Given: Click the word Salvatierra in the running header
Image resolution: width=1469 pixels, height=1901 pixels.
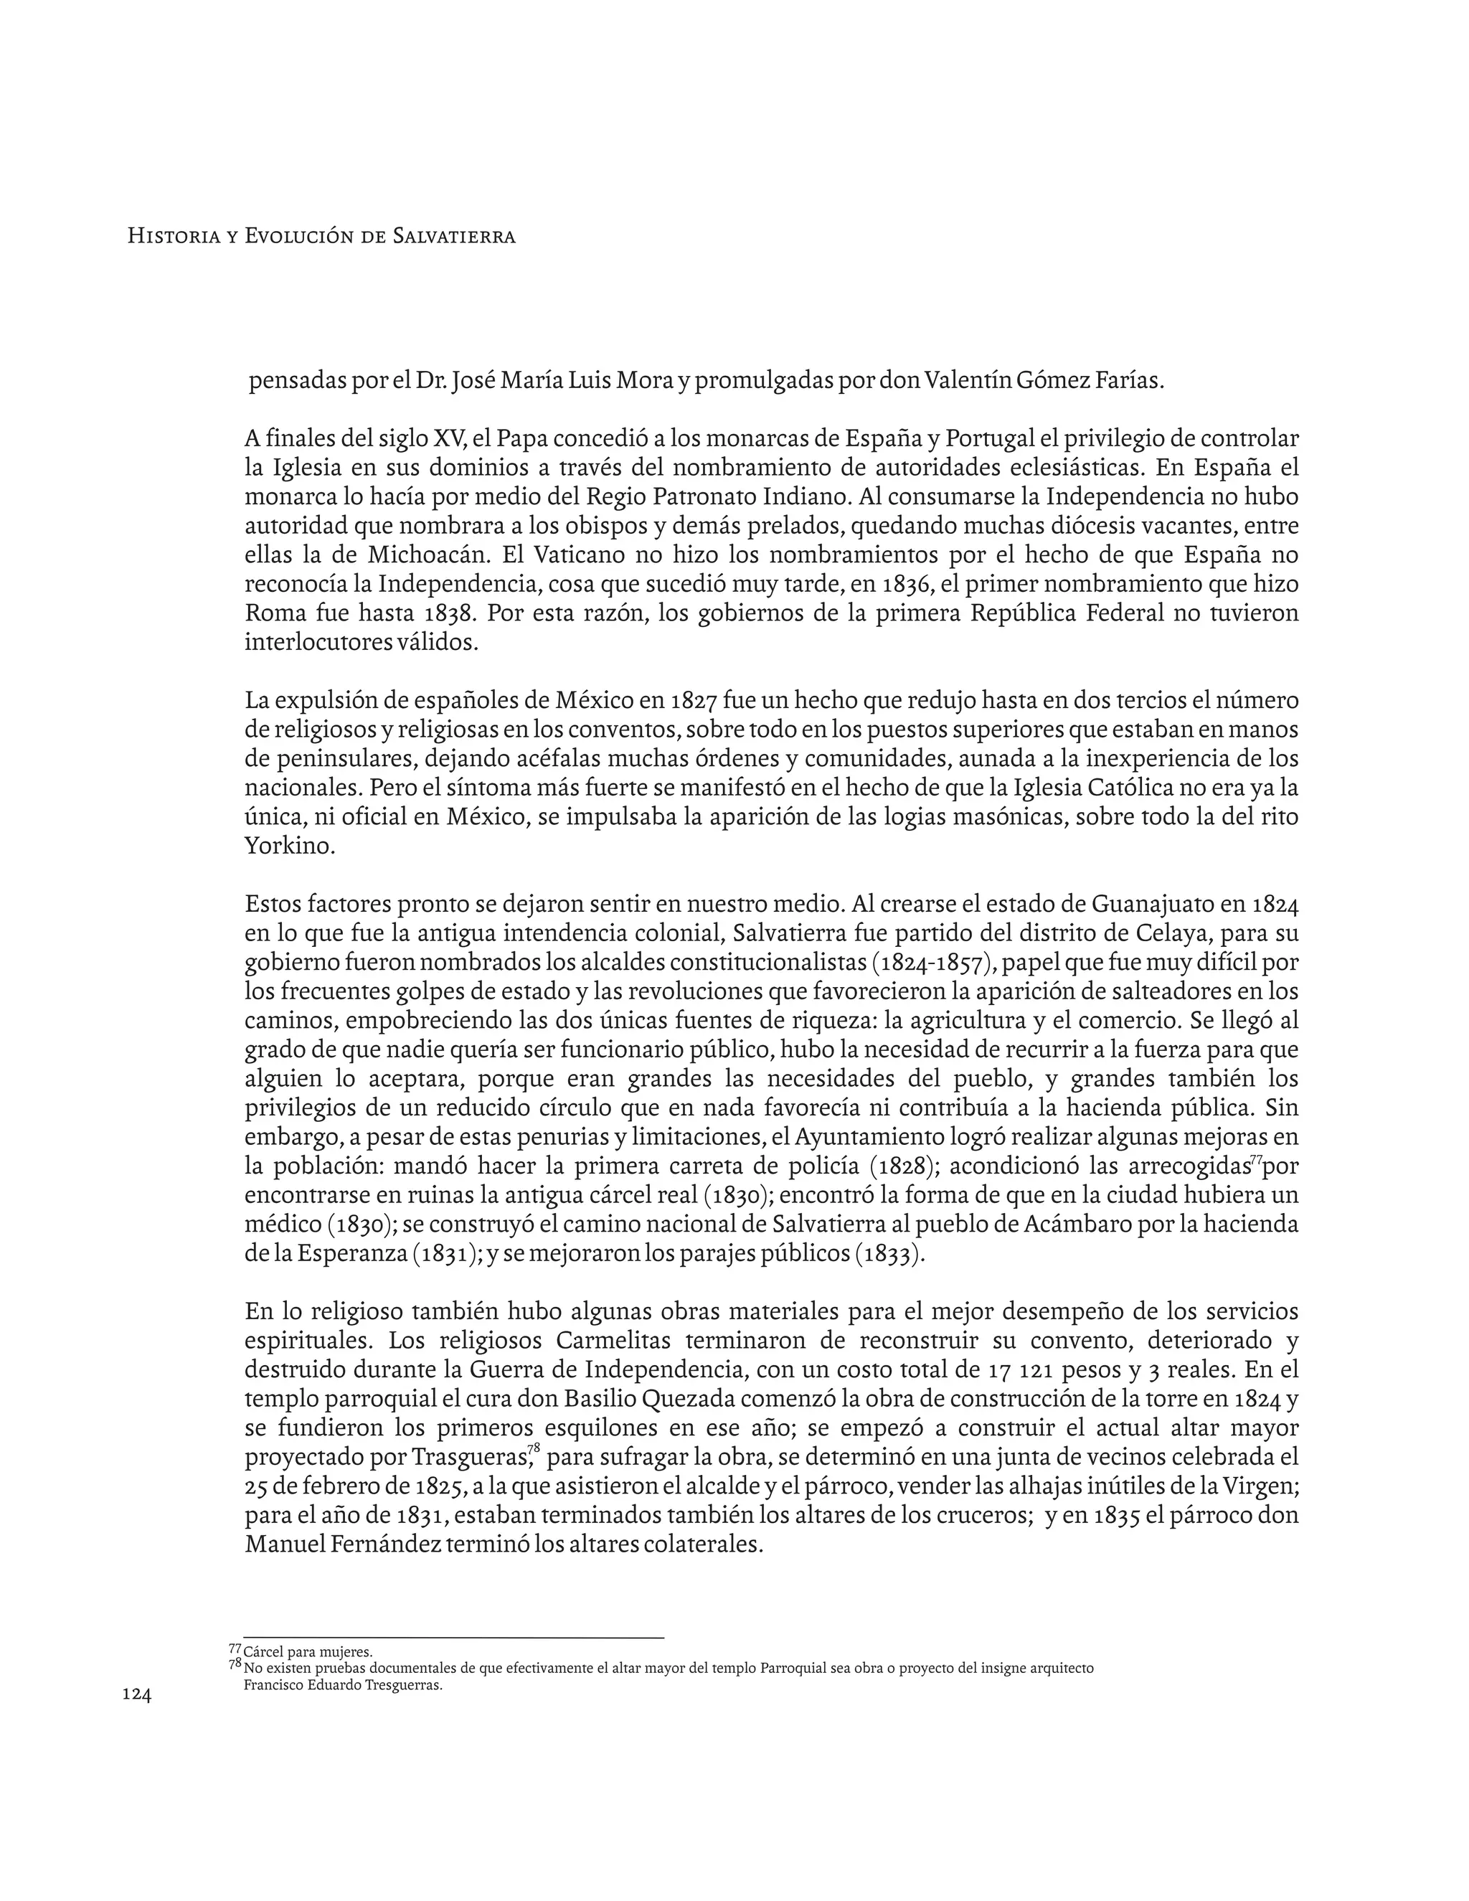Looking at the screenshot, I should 453,236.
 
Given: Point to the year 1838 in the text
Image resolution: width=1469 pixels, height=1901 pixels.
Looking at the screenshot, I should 450,613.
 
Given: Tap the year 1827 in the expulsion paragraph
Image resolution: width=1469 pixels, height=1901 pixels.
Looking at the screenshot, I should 694,701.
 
